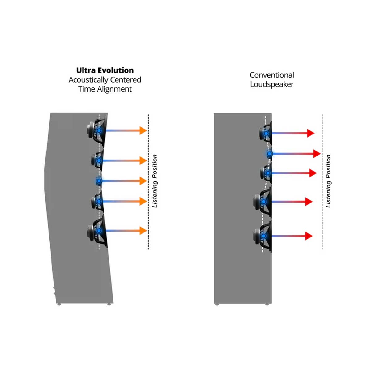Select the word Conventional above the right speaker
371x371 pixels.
pos(272,75)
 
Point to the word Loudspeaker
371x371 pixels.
pos(272,84)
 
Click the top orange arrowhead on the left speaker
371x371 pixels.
pos(143,130)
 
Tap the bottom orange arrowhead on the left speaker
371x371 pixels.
pos(143,231)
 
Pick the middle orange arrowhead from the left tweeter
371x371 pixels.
pos(143,181)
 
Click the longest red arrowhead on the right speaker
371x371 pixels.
pos(317,154)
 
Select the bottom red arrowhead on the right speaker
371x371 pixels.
pos(309,236)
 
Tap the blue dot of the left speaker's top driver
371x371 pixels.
pos(99,131)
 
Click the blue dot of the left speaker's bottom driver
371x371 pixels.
pos(99,231)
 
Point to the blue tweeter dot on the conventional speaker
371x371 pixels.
pos(269,154)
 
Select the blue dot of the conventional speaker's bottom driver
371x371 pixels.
pos(263,236)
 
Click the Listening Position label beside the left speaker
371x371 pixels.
pos(155,181)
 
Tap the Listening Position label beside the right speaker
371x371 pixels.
pos(328,181)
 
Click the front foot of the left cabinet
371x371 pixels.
pos(109,304)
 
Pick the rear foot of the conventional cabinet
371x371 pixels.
pos(217,304)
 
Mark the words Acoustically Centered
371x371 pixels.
pos(105,80)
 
